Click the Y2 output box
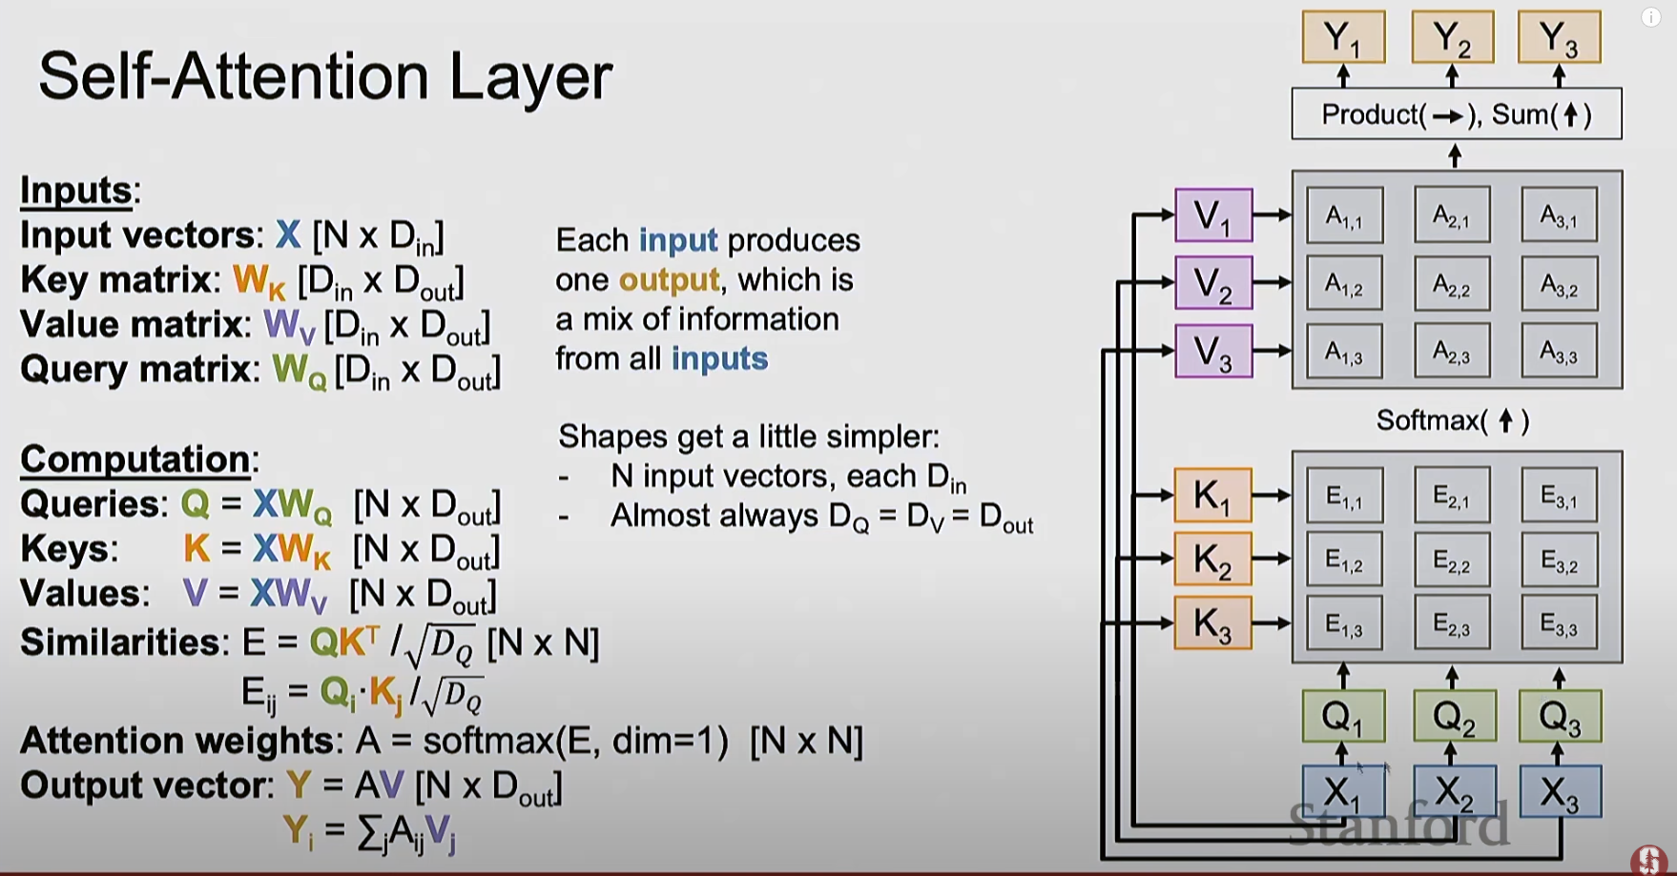coord(1452,37)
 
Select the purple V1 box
coord(1212,215)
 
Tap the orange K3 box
coord(1212,623)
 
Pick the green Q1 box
coord(1343,716)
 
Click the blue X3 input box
coord(1560,791)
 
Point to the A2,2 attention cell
coord(1452,284)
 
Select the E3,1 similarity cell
coord(1559,496)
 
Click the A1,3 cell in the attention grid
coord(1344,352)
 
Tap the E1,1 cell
coord(1344,496)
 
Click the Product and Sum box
coord(1456,114)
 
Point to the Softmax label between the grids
coord(1453,420)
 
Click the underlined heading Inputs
coord(77,191)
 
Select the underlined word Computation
coord(135,459)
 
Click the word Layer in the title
coord(530,76)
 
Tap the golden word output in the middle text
coord(669,280)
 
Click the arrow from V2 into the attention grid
coord(1272,283)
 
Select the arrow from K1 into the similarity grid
coord(1272,495)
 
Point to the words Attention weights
coord(176,741)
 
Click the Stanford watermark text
coord(1398,824)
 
